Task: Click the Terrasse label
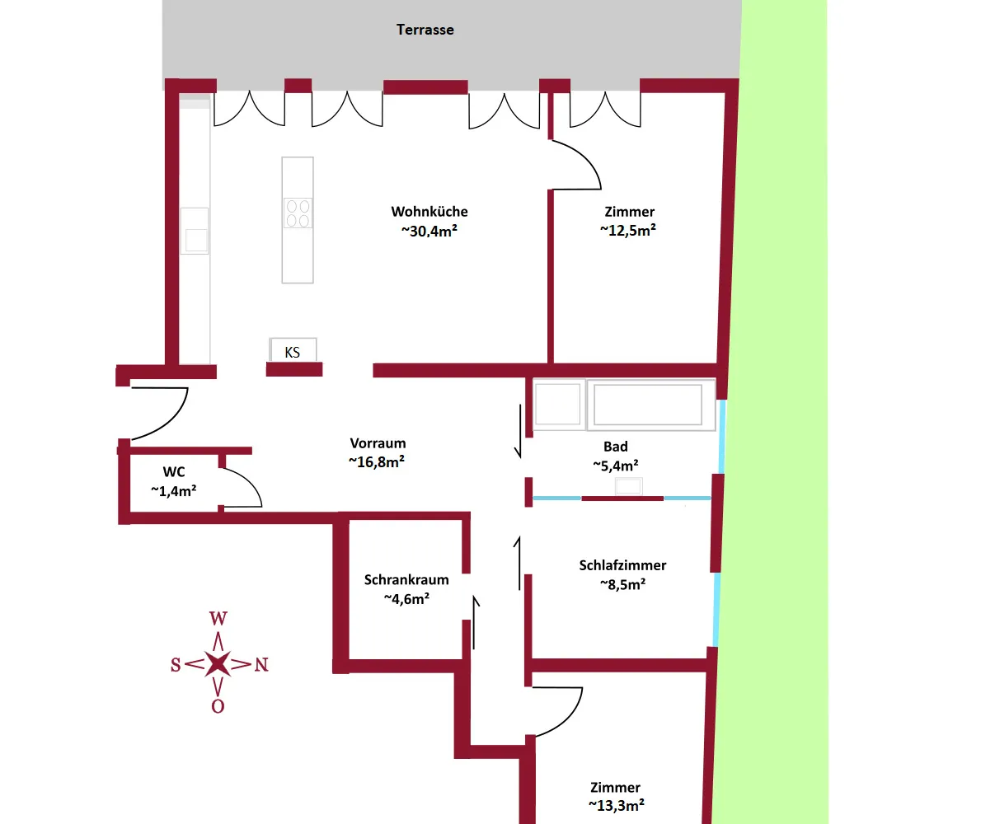pos(425,30)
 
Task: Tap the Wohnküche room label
pos(429,211)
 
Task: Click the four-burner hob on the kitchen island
pos(298,213)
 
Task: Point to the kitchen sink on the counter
pos(195,232)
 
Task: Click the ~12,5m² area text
pos(628,230)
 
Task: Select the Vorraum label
pos(378,443)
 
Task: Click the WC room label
pos(174,472)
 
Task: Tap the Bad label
pos(616,447)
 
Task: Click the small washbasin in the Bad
pos(628,486)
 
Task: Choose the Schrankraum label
pos(406,579)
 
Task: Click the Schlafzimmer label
pos(622,566)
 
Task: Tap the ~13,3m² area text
pos(617,805)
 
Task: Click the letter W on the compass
pos(218,618)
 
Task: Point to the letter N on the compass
pos(261,665)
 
